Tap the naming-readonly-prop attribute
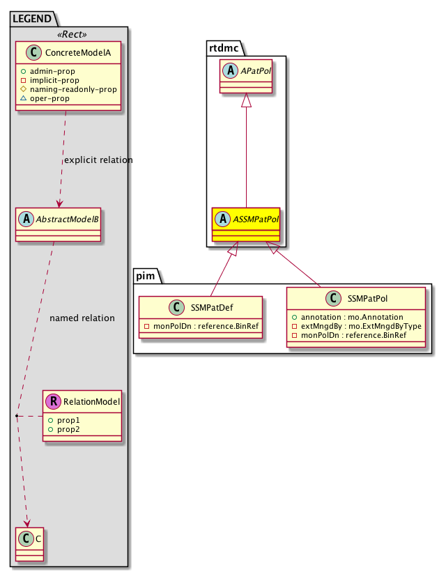[x=78, y=89]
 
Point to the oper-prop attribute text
[x=64, y=99]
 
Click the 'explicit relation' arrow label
[x=98, y=160]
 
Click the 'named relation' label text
[x=82, y=318]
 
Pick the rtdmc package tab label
[x=224, y=47]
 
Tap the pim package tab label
[x=146, y=276]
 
